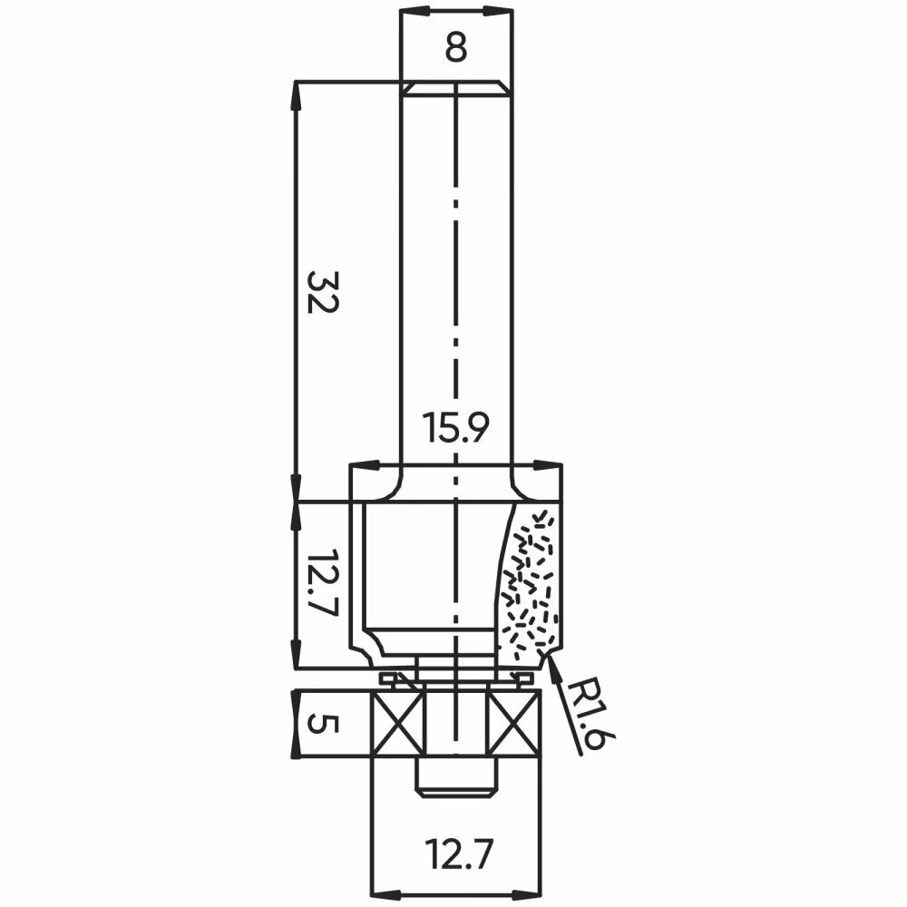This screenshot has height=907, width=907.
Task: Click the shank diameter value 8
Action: pos(456,49)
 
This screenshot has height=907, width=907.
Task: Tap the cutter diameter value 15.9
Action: pos(456,427)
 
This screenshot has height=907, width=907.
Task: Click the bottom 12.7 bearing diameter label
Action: pos(459,855)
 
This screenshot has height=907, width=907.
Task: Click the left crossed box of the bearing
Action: pos(398,723)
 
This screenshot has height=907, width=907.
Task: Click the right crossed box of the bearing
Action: pos(515,723)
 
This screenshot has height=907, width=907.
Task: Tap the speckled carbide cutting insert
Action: pos(529,584)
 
